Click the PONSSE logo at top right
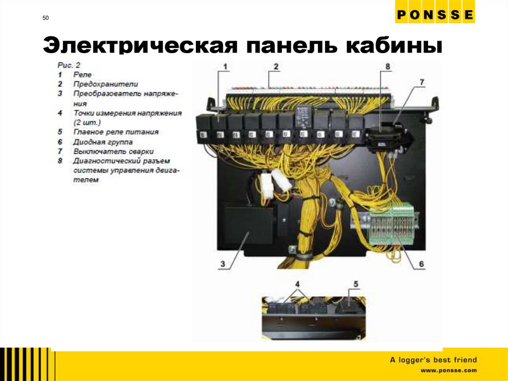435,15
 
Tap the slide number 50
46,18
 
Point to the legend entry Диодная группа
103,142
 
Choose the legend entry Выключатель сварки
113,151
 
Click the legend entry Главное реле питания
116,132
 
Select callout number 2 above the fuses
276,66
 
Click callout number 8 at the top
387,66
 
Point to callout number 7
421,81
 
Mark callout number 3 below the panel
223,264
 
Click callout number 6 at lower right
421,264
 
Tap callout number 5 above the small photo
356,284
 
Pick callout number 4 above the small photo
298,284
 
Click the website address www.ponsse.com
448,371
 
